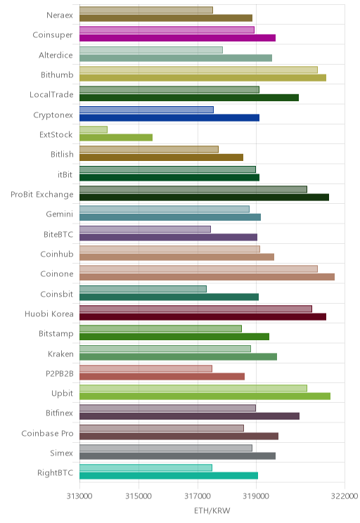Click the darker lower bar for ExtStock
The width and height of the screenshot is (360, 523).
click(116, 137)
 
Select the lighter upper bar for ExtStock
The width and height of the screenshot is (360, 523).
click(94, 129)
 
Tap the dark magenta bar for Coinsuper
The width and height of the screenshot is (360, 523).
click(177, 38)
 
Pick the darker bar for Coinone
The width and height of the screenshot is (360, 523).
click(207, 277)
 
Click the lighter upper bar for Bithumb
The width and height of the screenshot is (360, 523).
click(198, 70)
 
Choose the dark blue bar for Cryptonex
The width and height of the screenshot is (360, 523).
click(169, 117)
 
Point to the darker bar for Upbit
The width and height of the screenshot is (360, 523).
click(205, 396)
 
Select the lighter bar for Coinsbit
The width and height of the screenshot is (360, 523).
click(143, 289)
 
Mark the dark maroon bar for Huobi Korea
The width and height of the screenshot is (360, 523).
click(203, 316)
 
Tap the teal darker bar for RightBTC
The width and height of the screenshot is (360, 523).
click(169, 476)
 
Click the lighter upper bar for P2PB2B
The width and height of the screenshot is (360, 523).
click(146, 368)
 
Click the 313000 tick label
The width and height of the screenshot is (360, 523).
click(79, 496)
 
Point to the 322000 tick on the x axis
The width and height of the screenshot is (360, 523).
click(345, 496)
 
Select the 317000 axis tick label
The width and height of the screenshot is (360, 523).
click(198, 496)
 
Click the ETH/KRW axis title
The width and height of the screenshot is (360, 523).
click(212, 510)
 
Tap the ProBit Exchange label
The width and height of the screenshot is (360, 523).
click(41, 195)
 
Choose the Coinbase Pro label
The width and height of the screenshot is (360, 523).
click(47, 433)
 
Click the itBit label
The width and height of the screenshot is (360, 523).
click(65, 174)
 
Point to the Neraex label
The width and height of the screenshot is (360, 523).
click(59, 15)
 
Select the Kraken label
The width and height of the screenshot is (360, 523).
click(60, 354)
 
